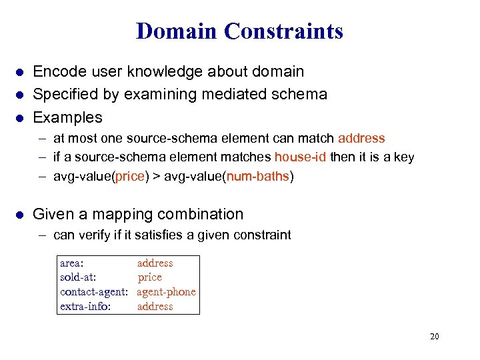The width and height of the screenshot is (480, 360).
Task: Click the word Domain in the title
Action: pyautogui.click(x=177, y=31)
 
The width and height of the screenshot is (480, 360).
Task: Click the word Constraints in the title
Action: pyautogui.click(x=283, y=31)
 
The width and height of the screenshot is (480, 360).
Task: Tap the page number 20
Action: pyautogui.click(x=434, y=336)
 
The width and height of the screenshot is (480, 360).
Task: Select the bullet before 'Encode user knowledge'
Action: pyautogui.click(x=20, y=72)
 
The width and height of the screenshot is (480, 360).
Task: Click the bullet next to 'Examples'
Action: pyautogui.click(x=20, y=118)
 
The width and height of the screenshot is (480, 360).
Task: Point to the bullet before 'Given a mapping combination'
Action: pyautogui.click(x=20, y=215)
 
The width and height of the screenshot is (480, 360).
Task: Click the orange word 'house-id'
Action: pyautogui.click(x=299, y=157)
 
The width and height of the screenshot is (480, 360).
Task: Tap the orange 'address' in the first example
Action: pyautogui.click(x=361, y=139)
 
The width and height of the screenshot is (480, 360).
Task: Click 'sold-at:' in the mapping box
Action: pyautogui.click(x=78, y=277)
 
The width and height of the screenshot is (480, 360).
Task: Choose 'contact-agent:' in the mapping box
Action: pyautogui.click(x=94, y=292)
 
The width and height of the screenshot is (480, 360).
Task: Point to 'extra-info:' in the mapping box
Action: pyautogui.click(x=85, y=307)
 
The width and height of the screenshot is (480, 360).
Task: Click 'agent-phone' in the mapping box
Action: pyautogui.click(x=166, y=292)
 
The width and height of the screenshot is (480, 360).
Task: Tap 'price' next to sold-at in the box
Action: pyautogui.click(x=150, y=277)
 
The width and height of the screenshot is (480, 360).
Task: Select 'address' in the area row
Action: pyautogui.click(x=155, y=263)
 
